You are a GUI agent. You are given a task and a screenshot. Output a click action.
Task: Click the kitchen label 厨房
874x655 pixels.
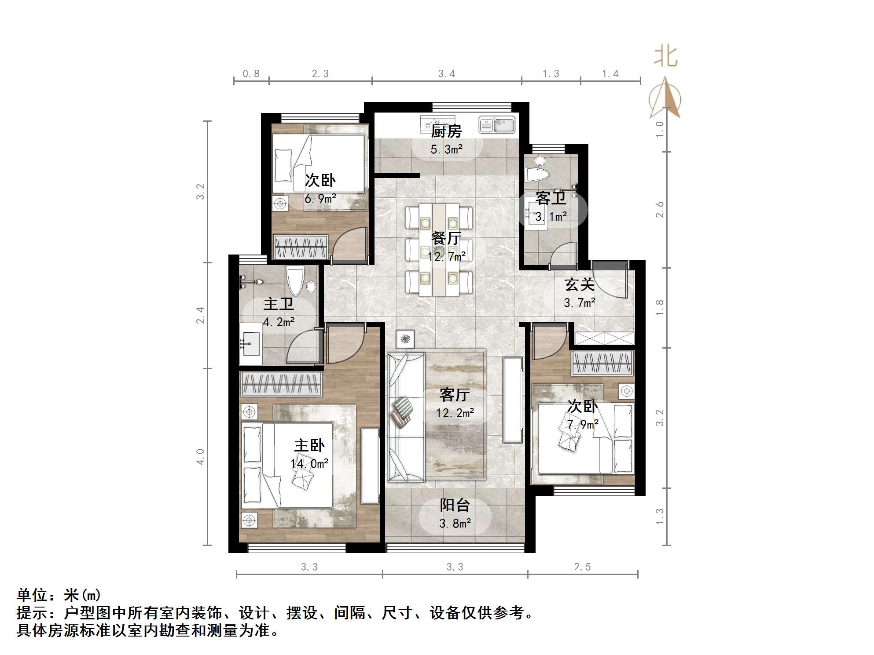click(446, 131)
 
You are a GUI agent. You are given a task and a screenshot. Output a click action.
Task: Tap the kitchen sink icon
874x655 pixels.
click(497, 125)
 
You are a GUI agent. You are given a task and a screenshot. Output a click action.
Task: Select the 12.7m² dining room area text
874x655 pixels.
click(447, 256)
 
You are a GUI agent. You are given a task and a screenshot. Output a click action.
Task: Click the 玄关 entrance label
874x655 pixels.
click(580, 284)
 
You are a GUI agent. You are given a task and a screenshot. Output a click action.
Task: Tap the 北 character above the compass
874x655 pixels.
click(665, 58)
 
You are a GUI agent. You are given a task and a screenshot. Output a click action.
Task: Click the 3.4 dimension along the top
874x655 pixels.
click(446, 74)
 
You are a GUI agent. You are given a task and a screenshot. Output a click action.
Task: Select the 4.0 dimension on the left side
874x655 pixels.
click(200, 457)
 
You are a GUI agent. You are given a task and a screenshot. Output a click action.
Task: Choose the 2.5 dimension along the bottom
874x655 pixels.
click(582, 567)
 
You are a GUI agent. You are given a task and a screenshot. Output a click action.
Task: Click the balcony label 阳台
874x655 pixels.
click(455, 505)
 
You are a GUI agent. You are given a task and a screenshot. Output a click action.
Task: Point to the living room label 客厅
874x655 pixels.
click(455, 395)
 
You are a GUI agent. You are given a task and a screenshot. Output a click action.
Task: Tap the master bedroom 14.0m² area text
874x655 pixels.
click(309, 464)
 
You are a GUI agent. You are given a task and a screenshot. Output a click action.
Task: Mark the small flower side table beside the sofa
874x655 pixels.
click(405, 338)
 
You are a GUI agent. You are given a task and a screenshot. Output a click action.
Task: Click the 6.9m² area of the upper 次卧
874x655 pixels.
click(320, 199)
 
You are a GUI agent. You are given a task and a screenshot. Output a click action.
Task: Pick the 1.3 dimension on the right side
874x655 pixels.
click(659, 516)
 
